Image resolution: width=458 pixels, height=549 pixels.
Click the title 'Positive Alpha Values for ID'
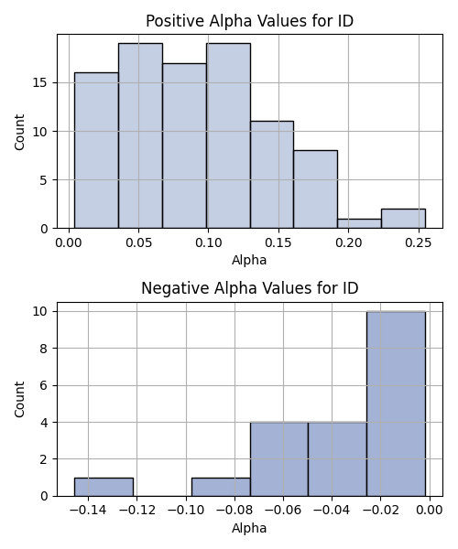[249, 21]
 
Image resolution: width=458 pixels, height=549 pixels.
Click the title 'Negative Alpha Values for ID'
[249, 288]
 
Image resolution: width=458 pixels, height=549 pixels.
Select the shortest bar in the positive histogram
[359, 224]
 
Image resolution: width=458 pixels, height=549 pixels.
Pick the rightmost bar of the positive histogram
[403, 219]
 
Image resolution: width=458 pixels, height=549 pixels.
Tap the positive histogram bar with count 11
[272, 175]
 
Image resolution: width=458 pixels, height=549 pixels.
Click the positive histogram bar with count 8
[315, 189]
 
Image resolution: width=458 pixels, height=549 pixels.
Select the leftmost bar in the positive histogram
[96, 151]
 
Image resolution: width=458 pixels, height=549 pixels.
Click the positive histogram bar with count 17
[184, 146]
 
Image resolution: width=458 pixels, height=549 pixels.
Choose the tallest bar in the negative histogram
[396, 404]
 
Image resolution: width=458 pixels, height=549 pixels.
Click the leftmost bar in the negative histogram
[104, 487]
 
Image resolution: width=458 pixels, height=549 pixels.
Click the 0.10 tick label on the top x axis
[209, 242]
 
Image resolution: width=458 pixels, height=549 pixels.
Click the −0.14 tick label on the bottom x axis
[88, 511]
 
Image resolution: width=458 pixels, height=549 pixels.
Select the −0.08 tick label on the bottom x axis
[234, 511]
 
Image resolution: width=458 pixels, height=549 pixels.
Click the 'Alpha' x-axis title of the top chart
[249, 260]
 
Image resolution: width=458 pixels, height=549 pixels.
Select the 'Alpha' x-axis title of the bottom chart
[249, 528]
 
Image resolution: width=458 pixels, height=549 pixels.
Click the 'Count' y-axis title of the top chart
[19, 132]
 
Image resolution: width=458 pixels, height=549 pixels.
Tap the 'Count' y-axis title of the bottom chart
[19, 399]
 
